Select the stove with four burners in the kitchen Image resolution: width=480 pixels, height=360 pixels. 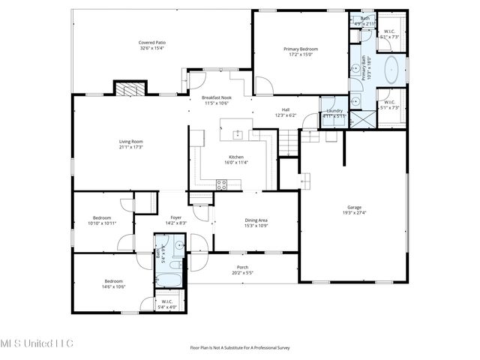[222, 183]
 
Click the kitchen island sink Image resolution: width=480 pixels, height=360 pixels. [237, 135]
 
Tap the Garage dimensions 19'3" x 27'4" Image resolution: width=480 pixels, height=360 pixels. [354, 214]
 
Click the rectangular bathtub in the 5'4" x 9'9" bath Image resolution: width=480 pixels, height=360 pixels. [170, 278]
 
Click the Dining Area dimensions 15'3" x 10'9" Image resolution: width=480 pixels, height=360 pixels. [256, 226]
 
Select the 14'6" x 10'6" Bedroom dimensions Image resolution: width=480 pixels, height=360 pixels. [113, 286]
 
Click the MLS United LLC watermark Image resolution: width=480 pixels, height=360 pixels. [37, 343]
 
